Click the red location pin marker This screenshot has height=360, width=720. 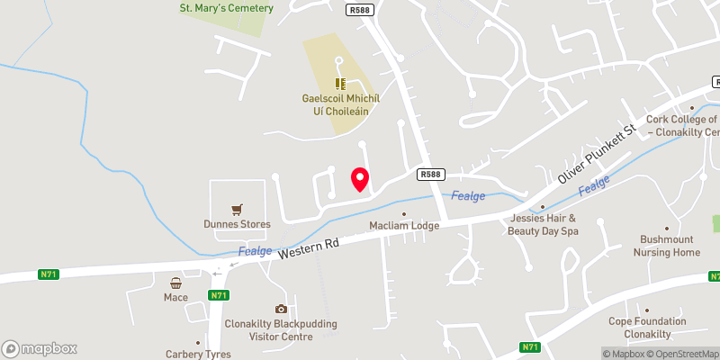tap(360, 179)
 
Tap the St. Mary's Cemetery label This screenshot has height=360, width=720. tap(226, 8)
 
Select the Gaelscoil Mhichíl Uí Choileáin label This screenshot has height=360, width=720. tap(340, 107)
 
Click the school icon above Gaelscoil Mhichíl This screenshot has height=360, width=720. tap(340, 83)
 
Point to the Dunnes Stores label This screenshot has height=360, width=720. tap(237, 225)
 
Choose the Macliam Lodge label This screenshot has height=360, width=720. tap(404, 225)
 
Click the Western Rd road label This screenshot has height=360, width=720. tap(308, 245)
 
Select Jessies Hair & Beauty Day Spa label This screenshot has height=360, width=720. tap(544, 224)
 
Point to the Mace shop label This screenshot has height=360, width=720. tap(175, 296)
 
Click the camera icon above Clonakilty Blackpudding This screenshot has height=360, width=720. tap(282, 309)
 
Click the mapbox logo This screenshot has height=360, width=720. tap(40, 348)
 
